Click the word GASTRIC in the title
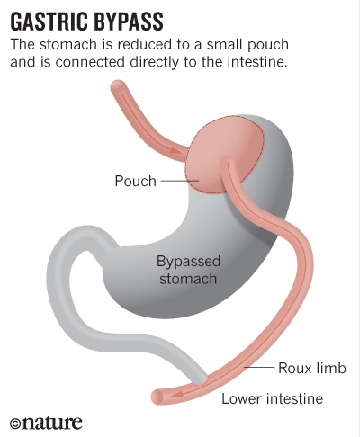pyautogui.click(x=49, y=22)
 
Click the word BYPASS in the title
pyautogui.click(x=128, y=22)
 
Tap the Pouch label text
pyautogui.click(x=136, y=181)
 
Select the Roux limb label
pyautogui.click(x=312, y=368)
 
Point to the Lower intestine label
pyautogui.click(x=273, y=398)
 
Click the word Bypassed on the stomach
pyautogui.click(x=189, y=262)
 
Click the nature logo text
pyautogui.click(x=51, y=423)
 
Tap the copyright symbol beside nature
pyautogui.click(x=15, y=424)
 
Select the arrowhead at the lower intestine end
pyautogui.click(x=177, y=394)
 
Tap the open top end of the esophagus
pyautogui.click(x=117, y=87)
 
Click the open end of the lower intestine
pyautogui.click(x=157, y=397)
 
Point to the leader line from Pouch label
pyautogui.click(x=180, y=181)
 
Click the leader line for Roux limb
pyautogui.click(x=259, y=367)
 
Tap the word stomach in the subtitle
pyautogui.click(x=68, y=44)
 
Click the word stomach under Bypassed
pyautogui.click(x=188, y=279)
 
